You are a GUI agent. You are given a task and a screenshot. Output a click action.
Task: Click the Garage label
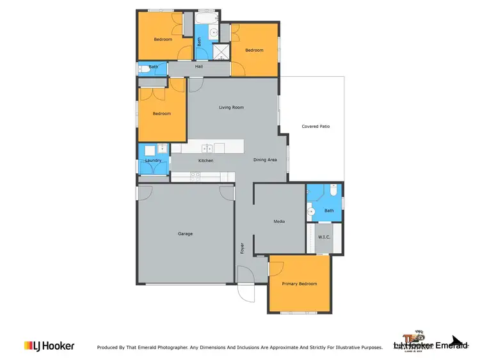coord(185,234)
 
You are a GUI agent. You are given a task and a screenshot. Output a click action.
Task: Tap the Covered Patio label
coord(316,127)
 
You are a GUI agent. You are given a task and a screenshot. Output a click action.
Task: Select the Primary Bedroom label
coord(299,284)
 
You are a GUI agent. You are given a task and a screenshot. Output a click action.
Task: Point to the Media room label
coord(279,222)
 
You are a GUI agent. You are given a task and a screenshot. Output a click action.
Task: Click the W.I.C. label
coord(324,237)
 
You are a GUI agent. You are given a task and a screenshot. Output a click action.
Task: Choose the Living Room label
coord(231,107)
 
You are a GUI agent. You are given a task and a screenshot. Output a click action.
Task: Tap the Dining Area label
coord(265,160)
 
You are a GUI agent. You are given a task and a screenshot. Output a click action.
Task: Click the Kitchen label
coord(205,160)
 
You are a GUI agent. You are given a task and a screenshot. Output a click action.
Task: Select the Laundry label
coord(152,160)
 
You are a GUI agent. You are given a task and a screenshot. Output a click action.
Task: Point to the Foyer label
coord(243,248)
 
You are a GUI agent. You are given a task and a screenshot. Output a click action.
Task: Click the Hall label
coord(199,67)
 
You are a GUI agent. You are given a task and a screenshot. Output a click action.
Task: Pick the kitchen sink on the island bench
coord(207,148)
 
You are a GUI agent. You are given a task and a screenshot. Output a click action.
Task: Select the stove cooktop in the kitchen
coord(196,175)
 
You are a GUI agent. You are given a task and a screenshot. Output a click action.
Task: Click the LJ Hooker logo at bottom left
coord(49,346)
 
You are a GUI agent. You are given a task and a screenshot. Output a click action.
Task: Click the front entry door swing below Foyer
coord(246,288)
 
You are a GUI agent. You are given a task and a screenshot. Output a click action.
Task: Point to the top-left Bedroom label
coord(163,40)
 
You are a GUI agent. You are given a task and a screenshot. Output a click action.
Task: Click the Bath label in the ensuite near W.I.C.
coord(329,211)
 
